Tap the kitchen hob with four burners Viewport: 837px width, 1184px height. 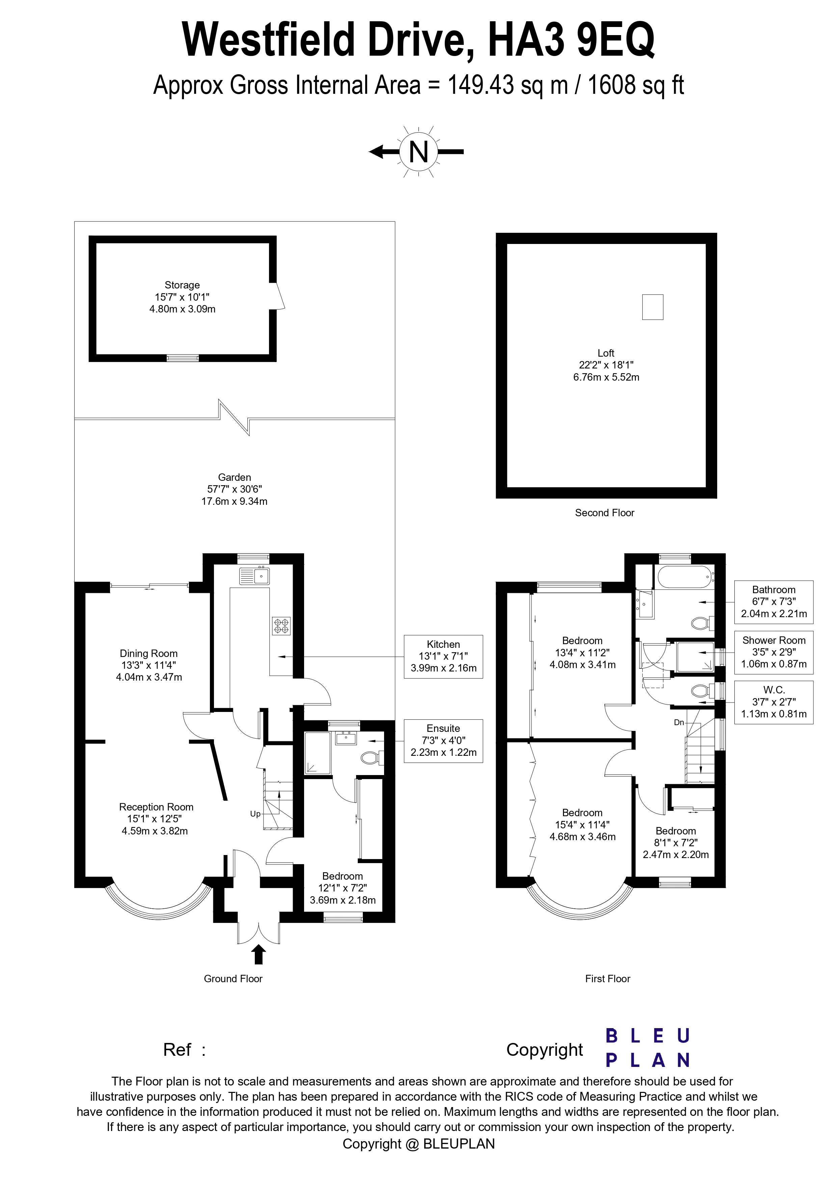click(281, 626)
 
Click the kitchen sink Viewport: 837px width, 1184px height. click(254, 576)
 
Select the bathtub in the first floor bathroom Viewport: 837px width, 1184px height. click(684, 577)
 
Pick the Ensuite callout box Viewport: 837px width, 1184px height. click(443, 741)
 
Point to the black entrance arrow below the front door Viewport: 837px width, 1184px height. click(259, 955)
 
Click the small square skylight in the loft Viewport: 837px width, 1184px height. click(652, 307)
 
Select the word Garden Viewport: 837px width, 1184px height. click(234, 477)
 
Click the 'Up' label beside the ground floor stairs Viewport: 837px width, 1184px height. click(255, 814)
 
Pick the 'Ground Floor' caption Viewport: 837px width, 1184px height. click(233, 979)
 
